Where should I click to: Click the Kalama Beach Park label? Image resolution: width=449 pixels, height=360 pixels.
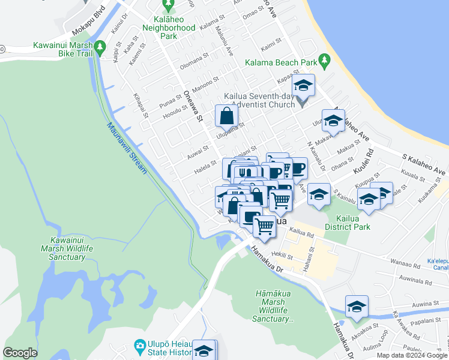coord(280,62)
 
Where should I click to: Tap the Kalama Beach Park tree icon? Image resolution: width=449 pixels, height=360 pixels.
coord(325,59)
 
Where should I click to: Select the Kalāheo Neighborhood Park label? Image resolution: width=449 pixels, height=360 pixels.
coord(169,28)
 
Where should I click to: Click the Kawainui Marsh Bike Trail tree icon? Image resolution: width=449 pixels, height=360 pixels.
coord(101,46)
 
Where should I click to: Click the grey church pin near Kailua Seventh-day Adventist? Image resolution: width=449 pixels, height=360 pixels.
coord(302,104)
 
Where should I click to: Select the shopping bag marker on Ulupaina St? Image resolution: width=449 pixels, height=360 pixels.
coord(228,116)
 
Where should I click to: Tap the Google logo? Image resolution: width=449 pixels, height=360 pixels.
coord(20,352)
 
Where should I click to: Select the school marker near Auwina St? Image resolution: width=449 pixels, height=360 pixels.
coord(357,307)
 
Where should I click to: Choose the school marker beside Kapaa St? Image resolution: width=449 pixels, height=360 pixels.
coord(304,86)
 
